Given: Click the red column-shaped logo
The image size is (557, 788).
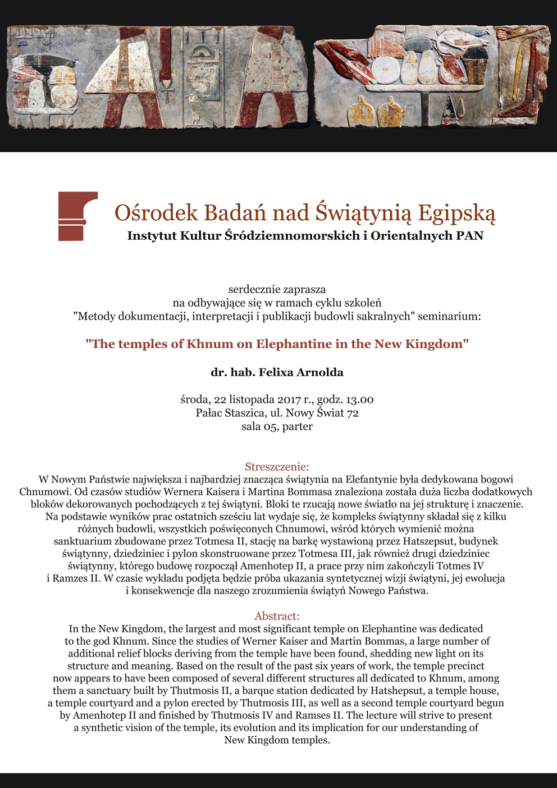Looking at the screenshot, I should pyautogui.click(x=77, y=216).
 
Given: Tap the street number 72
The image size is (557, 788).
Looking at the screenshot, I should pyautogui.click(x=353, y=413).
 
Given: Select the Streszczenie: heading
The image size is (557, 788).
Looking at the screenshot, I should pyautogui.click(x=277, y=467).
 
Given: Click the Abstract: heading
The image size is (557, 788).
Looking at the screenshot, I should pyautogui.click(x=277, y=616).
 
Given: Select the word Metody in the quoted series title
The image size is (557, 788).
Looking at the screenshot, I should pyautogui.click(x=96, y=316).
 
